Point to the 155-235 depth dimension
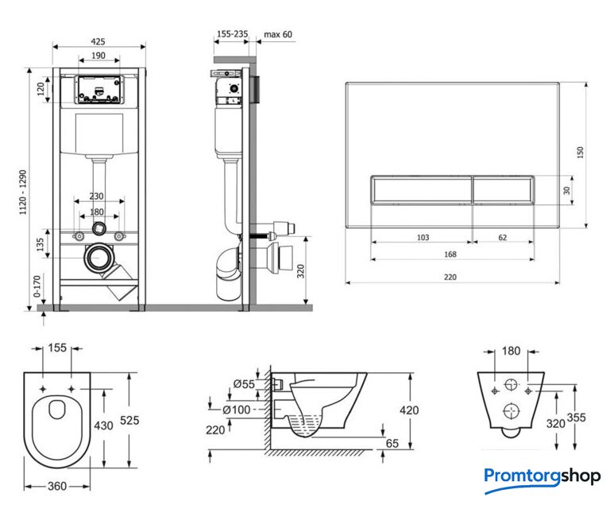pyautogui.click(x=231, y=35)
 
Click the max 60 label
pyautogui.click(x=278, y=35)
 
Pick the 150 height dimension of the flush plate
pyautogui.click(x=581, y=150)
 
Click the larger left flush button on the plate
pyautogui.click(x=421, y=192)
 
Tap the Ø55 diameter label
pyautogui.click(x=244, y=385)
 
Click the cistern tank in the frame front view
pyautogui.click(x=99, y=134)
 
